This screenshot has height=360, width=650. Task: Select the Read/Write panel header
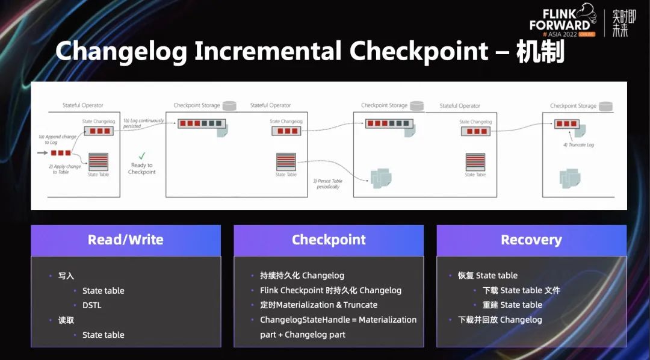point(126,240)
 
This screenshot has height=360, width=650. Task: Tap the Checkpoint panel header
point(329,240)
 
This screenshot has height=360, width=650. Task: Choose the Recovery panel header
point(531,240)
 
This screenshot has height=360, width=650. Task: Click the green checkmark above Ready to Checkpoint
point(142,155)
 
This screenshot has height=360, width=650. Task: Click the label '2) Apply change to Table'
point(65,169)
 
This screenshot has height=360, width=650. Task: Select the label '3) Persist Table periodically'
point(328,184)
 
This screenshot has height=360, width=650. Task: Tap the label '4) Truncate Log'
point(578,145)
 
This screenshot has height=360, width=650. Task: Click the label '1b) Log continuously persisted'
point(143,123)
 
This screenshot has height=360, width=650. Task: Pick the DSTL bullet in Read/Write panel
point(92,305)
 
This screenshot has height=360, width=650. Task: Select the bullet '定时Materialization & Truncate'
point(318,305)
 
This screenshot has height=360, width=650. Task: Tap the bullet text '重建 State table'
point(512,305)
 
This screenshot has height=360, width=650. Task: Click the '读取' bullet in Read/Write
point(66,320)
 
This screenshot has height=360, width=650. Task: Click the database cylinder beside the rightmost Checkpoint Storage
point(605,106)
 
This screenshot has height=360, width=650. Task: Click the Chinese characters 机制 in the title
point(540,52)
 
